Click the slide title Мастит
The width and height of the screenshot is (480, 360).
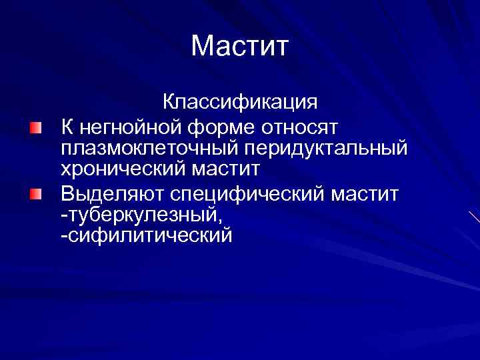point(240,47)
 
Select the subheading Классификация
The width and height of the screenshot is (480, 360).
point(240,103)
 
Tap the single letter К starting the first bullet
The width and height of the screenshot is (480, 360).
point(68,125)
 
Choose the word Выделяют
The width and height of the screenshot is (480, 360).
point(111,194)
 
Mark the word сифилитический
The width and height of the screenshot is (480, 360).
point(150,235)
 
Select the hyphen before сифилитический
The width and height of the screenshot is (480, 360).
point(63,237)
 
